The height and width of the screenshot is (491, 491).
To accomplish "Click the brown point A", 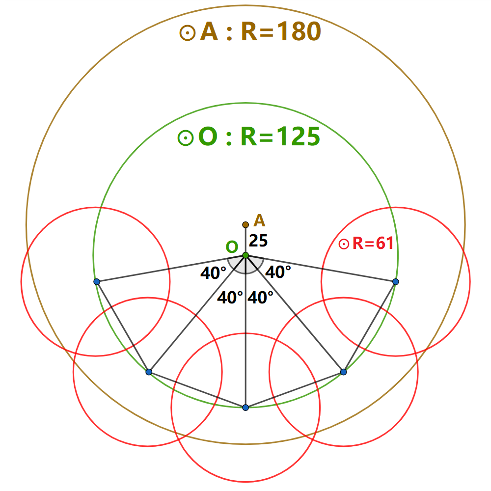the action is (x=245, y=225).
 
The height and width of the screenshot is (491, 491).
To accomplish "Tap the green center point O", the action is (x=245, y=255).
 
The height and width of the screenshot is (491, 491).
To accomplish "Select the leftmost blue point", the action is (x=97, y=282).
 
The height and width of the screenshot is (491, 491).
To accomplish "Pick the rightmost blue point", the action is (x=396, y=281).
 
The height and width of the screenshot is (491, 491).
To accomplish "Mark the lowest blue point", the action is (x=245, y=408).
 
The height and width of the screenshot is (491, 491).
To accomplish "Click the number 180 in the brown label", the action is (x=299, y=32).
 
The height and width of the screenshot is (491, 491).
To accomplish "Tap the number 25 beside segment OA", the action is (x=258, y=241).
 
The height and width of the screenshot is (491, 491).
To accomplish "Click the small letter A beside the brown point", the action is (x=259, y=221).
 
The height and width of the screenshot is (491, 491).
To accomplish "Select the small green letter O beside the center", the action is (x=232, y=247).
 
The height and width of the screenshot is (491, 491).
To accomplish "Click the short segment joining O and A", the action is (x=245, y=240).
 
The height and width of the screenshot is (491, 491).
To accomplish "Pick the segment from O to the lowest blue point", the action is (x=245, y=344).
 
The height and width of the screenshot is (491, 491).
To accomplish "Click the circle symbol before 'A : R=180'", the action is (x=187, y=33).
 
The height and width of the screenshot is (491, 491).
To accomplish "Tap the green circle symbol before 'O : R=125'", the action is (x=185, y=138).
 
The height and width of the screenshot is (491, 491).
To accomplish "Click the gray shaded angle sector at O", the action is (x=245, y=265).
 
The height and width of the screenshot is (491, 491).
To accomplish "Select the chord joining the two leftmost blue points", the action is (x=123, y=327).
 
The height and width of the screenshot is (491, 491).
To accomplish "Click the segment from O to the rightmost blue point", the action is (x=321, y=269).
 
